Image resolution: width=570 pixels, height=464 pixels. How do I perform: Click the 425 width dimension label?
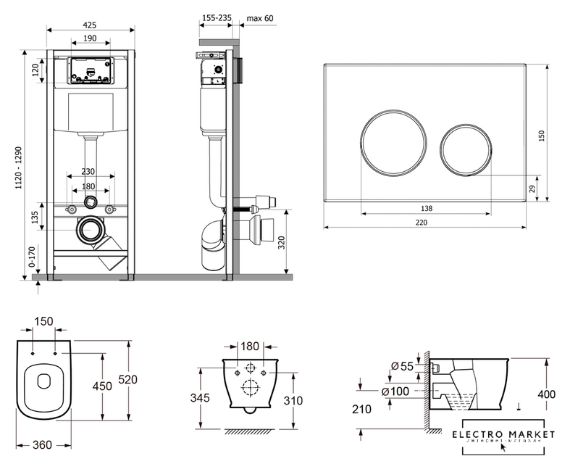[x=91, y=24]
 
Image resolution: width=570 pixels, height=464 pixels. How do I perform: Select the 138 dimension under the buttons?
[x=427, y=208]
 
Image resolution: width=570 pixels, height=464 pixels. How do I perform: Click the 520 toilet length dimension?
[x=128, y=379]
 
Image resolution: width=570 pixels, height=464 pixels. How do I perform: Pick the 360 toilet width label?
[x=43, y=444]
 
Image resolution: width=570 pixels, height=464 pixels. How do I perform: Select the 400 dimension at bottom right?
[x=547, y=394]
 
